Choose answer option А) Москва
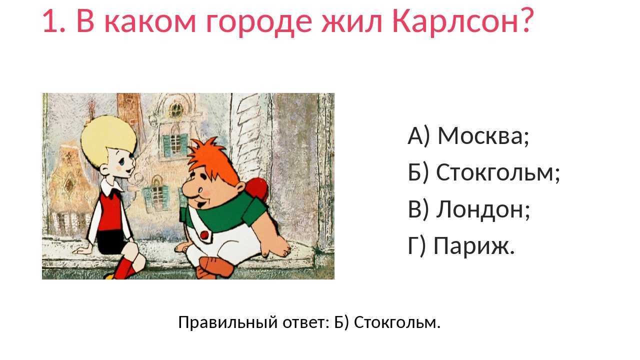point(468,135)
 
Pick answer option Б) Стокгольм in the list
point(483,172)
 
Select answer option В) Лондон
point(468,209)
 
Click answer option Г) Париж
point(461,245)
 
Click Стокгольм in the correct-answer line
point(397,322)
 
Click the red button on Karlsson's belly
point(204,234)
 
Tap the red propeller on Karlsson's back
point(257,189)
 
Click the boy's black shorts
point(110,242)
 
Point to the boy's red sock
point(123,267)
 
